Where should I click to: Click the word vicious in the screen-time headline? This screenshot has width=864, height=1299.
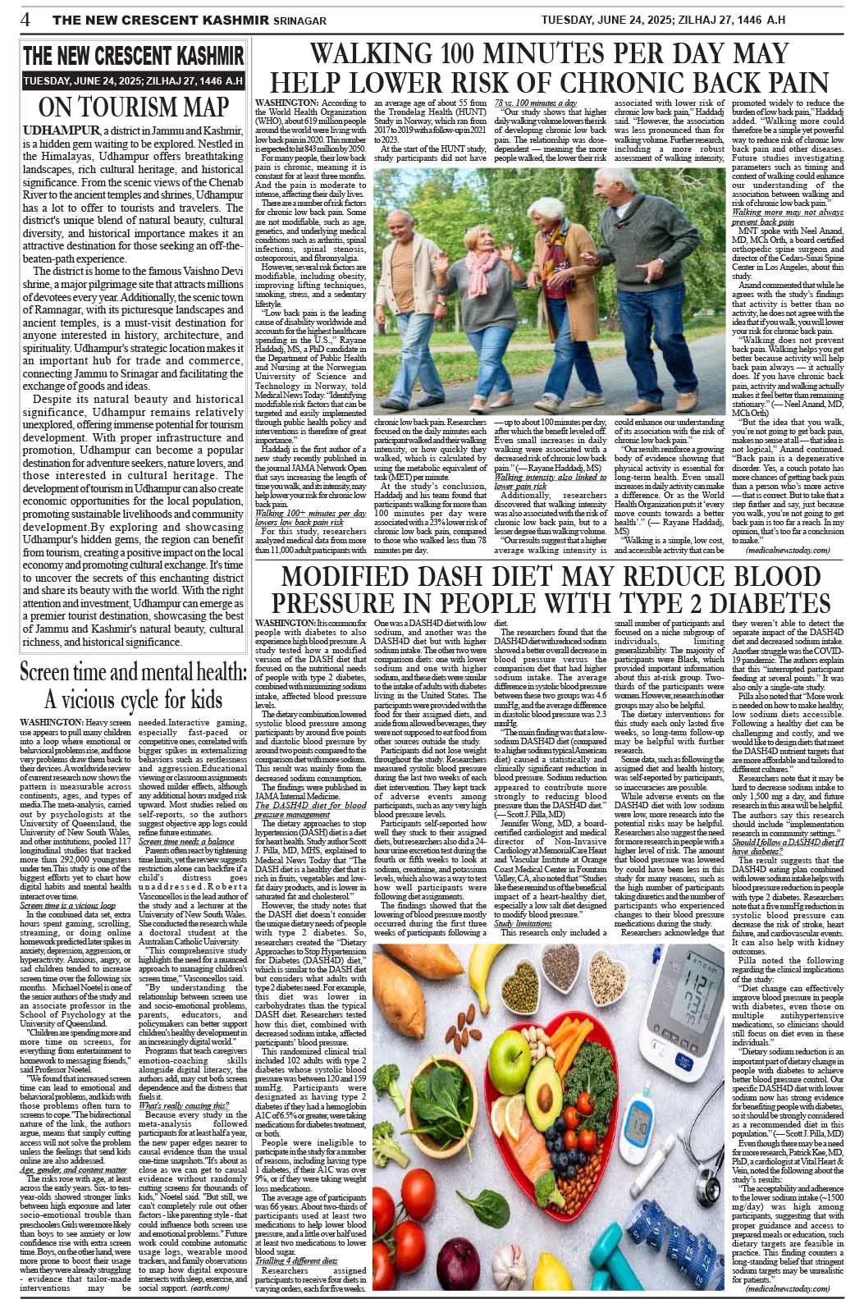[106, 702]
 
